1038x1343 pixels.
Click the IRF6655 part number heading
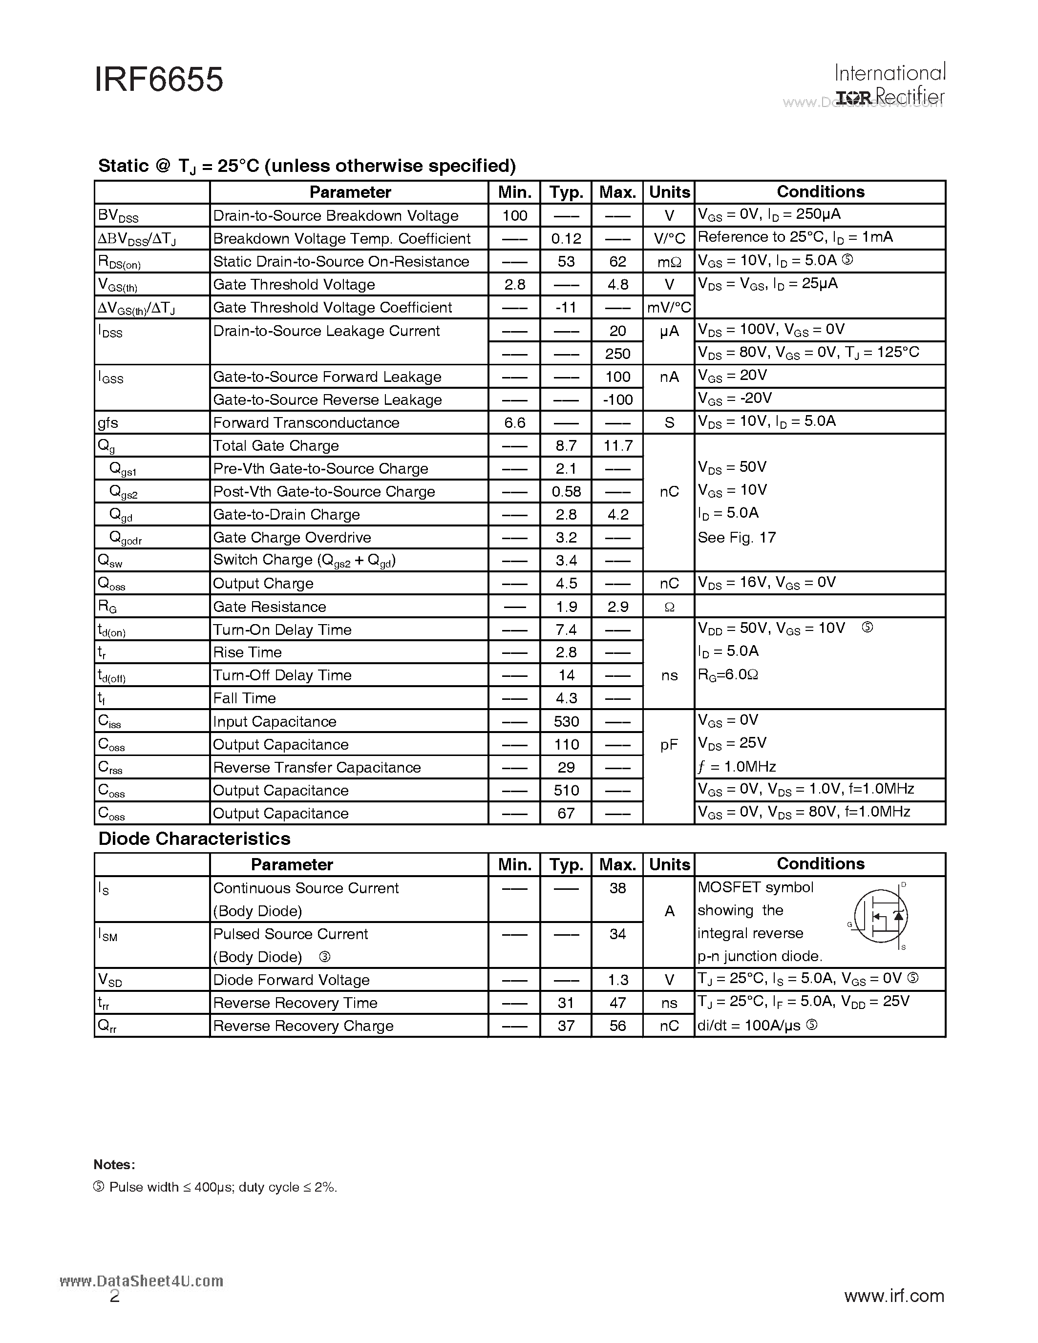pyautogui.click(x=159, y=81)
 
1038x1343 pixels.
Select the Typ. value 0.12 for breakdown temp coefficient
pyautogui.click(x=566, y=239)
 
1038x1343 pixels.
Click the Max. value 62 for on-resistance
pyautogui.click(x=617, y=261)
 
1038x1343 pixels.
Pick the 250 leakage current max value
pyautogui.click(x=617, y=354)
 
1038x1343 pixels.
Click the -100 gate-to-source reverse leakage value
pyautogui.click(x=617, y=399)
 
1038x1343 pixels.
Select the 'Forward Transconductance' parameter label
pyautogui.click(x=306, y=423)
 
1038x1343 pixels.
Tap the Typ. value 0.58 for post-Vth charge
pyautogui.click(x=566, y=492)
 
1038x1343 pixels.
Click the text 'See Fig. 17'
pyautogui.click(x=737, y=538)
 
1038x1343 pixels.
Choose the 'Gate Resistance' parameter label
pyautogui.click(x=269, y=607)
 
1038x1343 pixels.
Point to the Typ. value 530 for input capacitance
pyautogui.click(x=566, y=722)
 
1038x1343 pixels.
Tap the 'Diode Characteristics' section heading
pyautogui.click(x=194, y=839)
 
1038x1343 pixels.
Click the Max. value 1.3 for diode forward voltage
pyautogui.click(x=617, y=980)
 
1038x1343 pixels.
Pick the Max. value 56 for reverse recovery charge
pyautogui.click(x=617, y=1026)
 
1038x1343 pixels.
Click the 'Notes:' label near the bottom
pyautogui.click(x=114, y=1165)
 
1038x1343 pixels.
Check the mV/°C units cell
pyautogui.click(x=669, y=308)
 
